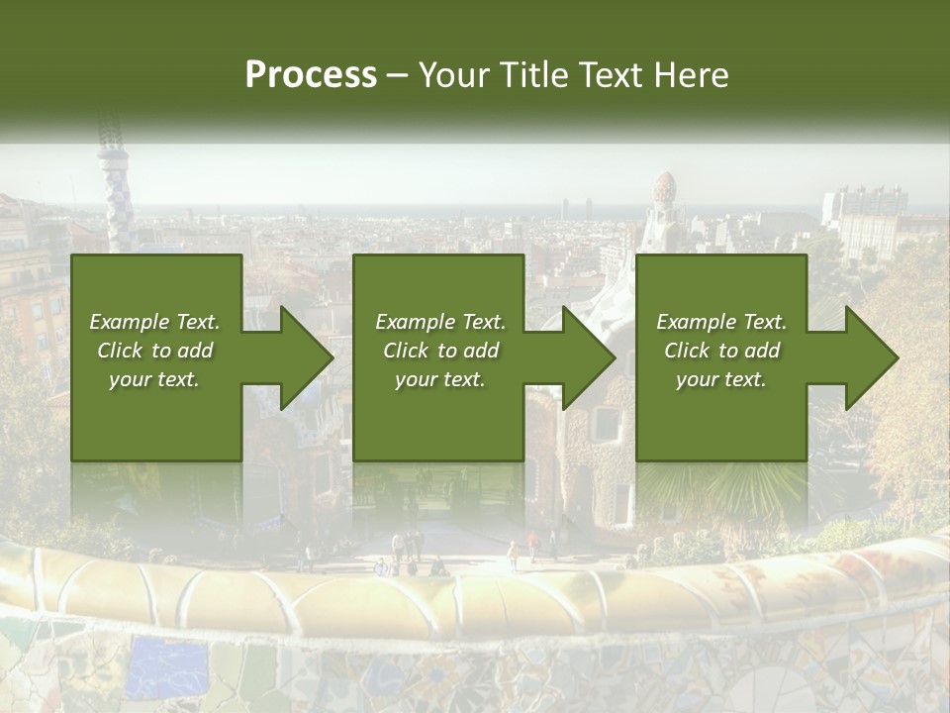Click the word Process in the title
[311, 75]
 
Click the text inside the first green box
[155, 351]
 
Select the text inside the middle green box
[440, 351]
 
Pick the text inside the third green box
[721, 351]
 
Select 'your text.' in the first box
[154, 379]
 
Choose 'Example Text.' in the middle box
[440, 322]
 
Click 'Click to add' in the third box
[721, 351]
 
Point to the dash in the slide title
[398, 76]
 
